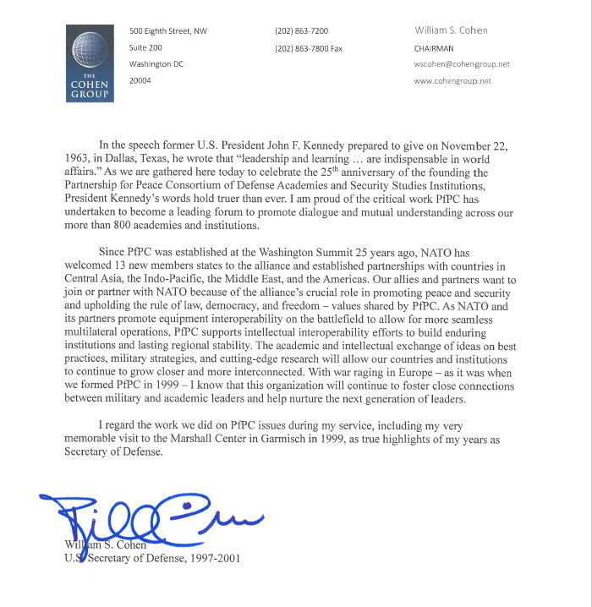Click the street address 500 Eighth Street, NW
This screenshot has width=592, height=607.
[168, 31]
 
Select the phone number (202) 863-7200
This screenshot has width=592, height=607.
[302, 31]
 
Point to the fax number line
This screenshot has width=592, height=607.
[309, 48]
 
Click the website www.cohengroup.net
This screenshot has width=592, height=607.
[452, 81]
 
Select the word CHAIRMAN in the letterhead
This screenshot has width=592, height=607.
[434, 48]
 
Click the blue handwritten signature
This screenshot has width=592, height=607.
[152, 514]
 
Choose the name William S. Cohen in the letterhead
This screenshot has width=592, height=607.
[451, 30]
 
